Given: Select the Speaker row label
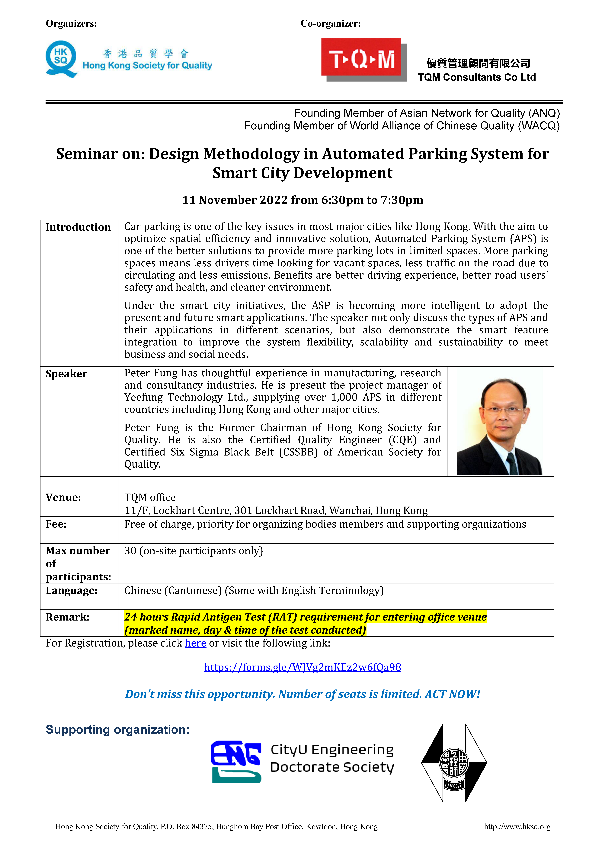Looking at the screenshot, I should [x=66, y=374].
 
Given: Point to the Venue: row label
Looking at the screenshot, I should [x=63, y=498].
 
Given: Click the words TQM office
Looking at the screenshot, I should [x=150, y=498].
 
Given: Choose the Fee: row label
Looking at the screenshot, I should [x=56, y=524].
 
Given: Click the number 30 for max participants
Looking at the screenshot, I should [x=130, y=551].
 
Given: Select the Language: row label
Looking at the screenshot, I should [x=71, y=591].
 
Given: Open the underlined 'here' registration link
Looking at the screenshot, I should [x=195, y=643].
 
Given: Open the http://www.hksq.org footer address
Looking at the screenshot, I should [x=517, y=827].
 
